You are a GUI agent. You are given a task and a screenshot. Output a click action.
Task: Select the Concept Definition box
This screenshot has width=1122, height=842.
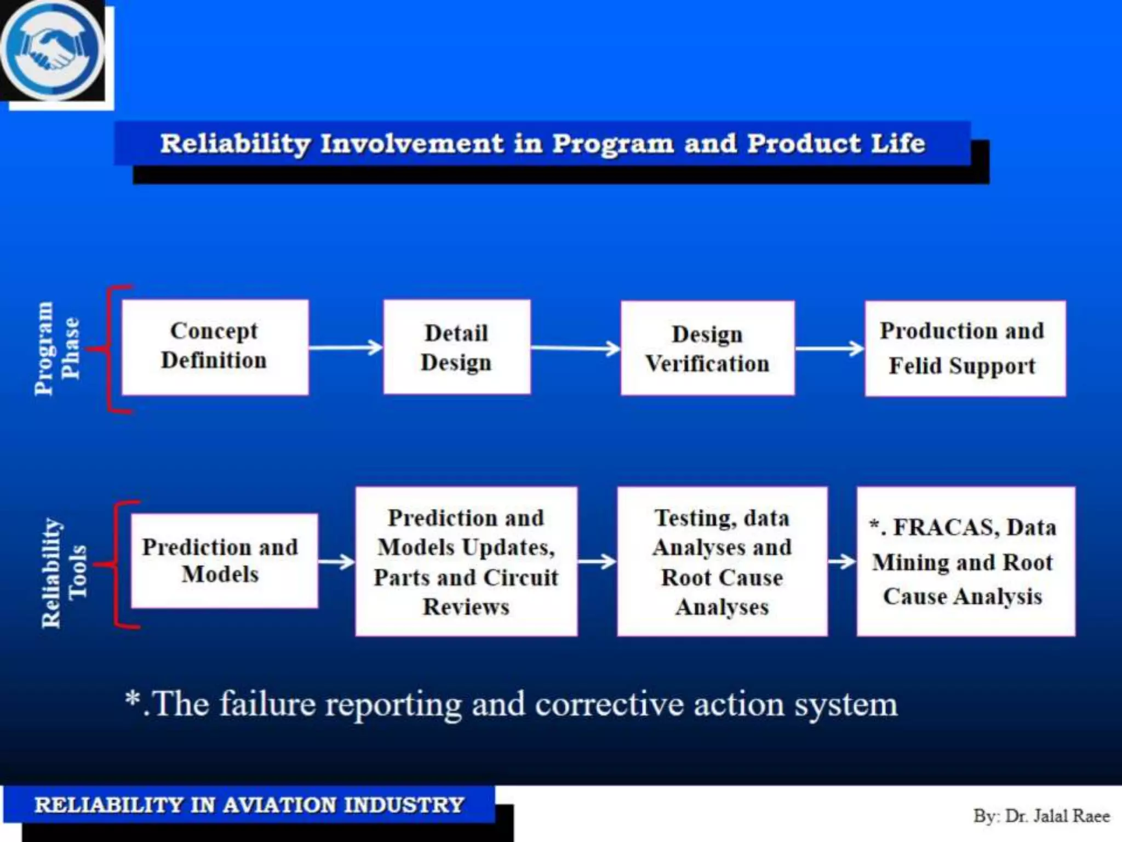click(215, 347)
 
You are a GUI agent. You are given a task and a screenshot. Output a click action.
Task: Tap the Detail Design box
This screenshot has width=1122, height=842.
click(456, 347)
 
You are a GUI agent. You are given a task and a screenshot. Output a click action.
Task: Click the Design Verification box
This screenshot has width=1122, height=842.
click(707, 348)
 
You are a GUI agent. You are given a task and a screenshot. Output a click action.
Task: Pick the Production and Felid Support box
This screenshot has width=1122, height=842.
click(965, 348)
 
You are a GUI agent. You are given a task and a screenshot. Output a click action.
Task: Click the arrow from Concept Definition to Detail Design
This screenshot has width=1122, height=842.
click(345, 348)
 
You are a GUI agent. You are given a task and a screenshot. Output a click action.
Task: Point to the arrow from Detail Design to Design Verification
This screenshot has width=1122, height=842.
click(575, 348)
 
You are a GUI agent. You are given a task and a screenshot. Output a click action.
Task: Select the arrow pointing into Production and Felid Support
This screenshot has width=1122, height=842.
click(829, 349)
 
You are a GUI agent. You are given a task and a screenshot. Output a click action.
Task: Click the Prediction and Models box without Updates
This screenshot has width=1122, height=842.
click(224, 561)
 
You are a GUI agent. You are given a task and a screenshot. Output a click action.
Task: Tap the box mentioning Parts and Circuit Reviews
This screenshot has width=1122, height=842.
click(466, 561)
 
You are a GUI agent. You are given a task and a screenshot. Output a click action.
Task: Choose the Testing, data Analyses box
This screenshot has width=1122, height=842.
click(722, 561)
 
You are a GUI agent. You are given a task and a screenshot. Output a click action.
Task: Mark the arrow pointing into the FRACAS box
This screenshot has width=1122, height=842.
click(841, 561)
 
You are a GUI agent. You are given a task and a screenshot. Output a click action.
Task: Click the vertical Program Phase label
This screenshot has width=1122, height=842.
click(56, 348)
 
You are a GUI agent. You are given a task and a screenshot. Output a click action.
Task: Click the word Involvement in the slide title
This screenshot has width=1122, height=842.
click(411, 144)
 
